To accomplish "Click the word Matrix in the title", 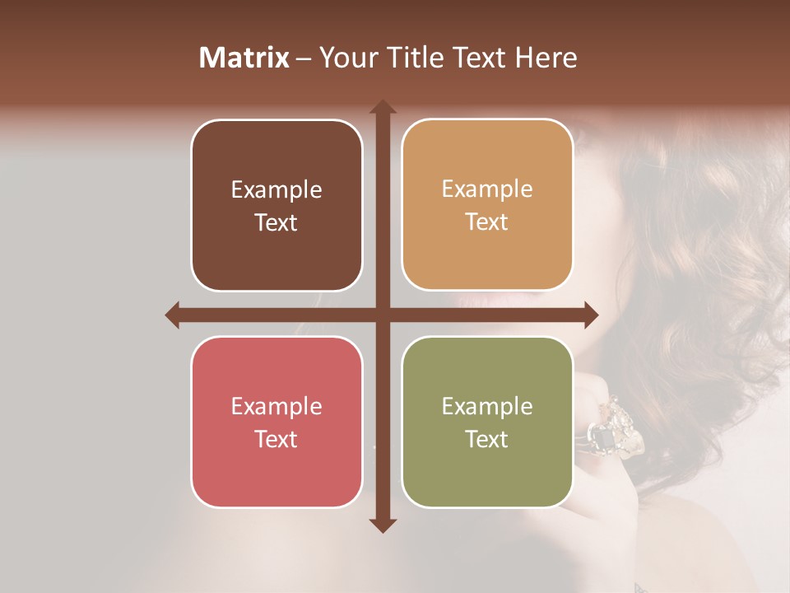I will (x=244, y=58).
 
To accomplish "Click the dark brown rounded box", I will (x=276, y=205).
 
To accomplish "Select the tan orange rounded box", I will (x=487, y=205).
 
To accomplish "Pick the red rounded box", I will (x=276, y=422).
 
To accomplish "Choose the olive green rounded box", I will (x=487, y=422).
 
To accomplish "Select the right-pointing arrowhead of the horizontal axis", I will (x=590, y=315).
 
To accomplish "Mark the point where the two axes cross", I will (x=382, y=315).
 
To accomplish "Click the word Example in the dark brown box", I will (x=276, y=190).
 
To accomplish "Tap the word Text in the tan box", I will (x=487, y=222).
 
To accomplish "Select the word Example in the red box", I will (x=276, y=407).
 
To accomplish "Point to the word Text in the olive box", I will (x=487, y=439).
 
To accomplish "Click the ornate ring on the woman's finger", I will (x=613, y=428).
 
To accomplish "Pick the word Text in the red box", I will (x=276, y=439).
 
